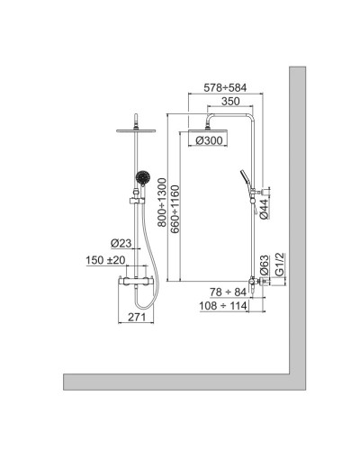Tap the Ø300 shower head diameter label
pyautogui.click(x=205, y=140)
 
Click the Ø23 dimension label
pyautogui.click(x=121, y=243)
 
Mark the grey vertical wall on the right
pyautogui.click(x=295, y=225)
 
